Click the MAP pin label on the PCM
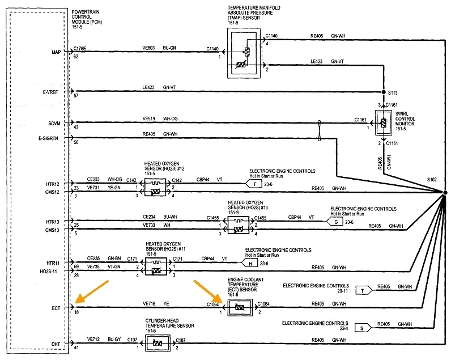coord(56,52)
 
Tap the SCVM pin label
coord(54,122)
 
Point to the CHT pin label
coord(56,344)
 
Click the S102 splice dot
coord(445,193)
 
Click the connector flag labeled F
coord(256,184)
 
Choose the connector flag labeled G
coord(337,222)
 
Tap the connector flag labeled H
coord(250,263)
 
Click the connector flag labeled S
coord(361,327)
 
